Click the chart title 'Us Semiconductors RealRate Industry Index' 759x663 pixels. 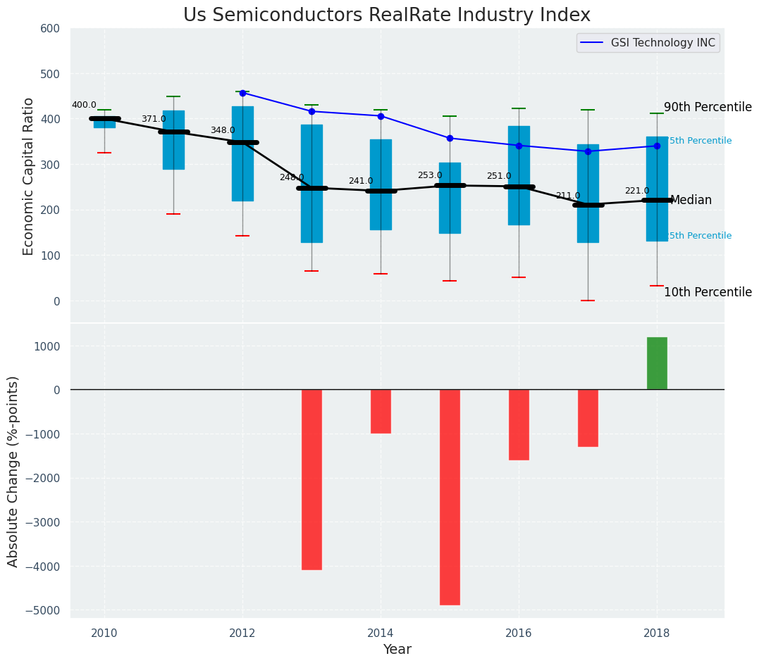coord(386,15)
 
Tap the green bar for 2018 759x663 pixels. coord(657,363)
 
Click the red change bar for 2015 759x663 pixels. coord(450,497)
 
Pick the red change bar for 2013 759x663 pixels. coord(311,479)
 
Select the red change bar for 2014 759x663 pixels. coord(381,411)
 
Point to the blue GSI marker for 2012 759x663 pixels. coord(242,93)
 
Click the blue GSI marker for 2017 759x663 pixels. coord(588,151)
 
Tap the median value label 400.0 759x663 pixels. coord(84,105)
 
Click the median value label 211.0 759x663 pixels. coord(567,196)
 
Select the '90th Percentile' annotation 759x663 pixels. coord(708,107)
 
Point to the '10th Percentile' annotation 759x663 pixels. coord(708,292)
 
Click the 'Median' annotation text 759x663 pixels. coord(691,201)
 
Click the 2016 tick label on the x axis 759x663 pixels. coord(519,632)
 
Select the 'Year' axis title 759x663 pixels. coord(397,650)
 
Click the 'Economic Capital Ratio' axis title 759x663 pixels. coord(29,176)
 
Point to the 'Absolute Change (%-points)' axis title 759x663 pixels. coord(13,471)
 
